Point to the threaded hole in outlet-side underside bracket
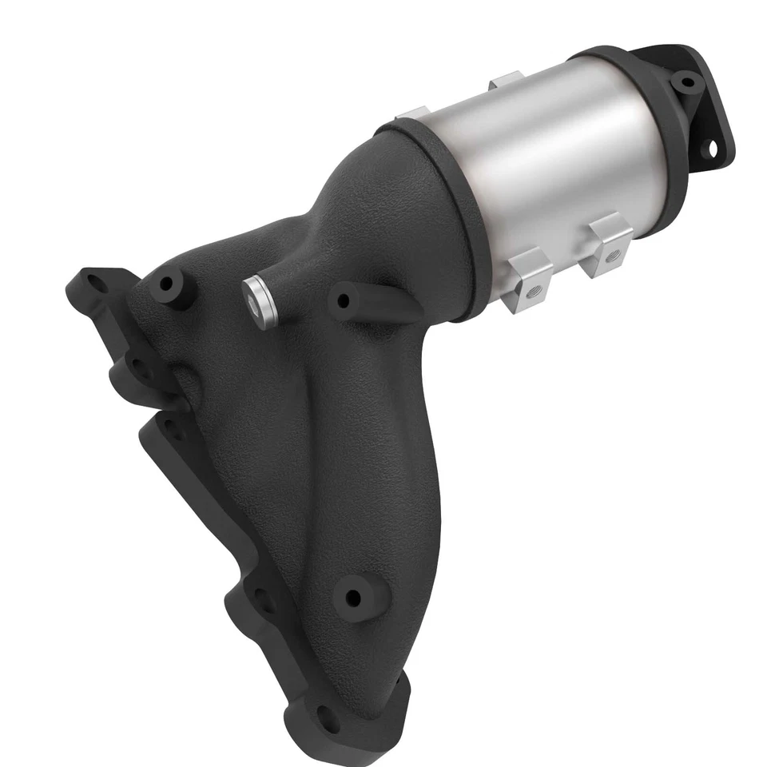click(613, 256)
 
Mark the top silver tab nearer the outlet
click(505, 80)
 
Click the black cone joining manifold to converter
click(376, 200)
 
